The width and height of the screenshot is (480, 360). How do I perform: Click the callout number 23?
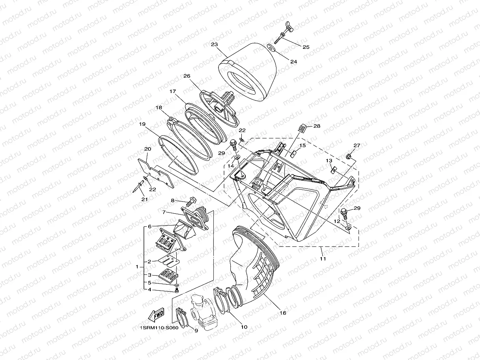[x=214, y=45]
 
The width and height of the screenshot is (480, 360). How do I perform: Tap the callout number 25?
[x=306, y=47]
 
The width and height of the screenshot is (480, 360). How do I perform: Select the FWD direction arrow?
[x=157, y=315]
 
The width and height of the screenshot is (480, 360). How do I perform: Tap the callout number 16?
[x=282, y=313]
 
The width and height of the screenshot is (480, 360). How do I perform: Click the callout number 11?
[x=323, y=259]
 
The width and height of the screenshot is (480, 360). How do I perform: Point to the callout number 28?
[x=317, y=126]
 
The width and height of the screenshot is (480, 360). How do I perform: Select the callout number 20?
[x=148, y=149]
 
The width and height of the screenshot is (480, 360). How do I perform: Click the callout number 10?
[x=244, y=327]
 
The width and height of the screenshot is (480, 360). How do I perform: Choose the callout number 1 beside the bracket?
[x=137, y=267]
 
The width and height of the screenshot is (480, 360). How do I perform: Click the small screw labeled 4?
[x=177, y=290]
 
